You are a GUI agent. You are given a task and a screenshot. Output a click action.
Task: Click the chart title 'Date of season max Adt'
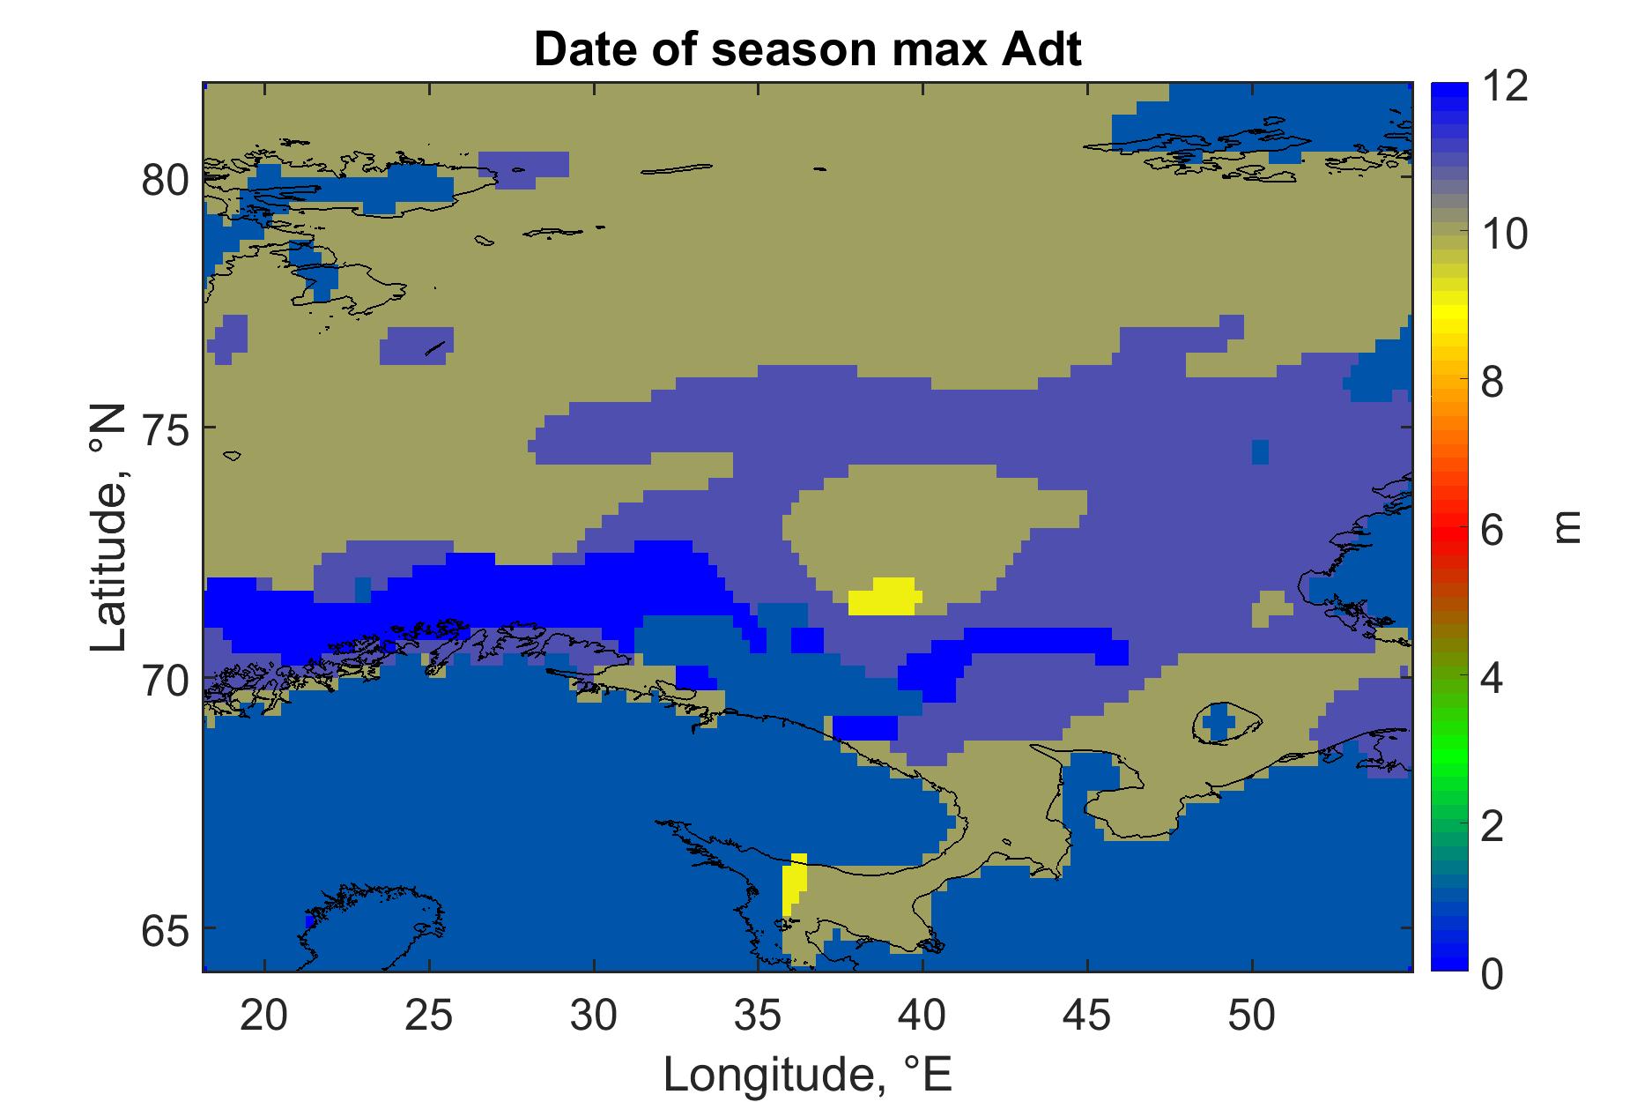(807, 50)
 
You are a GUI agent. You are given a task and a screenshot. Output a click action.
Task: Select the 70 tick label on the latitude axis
(165, 680)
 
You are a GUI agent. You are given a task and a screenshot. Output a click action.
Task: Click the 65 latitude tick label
(165, 930)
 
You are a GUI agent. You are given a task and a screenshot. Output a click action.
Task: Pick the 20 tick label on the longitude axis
(264, 1016)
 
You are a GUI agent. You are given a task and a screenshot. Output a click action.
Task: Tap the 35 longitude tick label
(759, 1016)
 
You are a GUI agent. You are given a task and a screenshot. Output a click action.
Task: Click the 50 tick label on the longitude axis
(1252, 1016)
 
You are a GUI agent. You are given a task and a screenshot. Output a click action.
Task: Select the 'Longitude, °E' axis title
(808, 1073)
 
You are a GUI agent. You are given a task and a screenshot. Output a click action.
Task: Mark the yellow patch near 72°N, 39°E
(885, 597)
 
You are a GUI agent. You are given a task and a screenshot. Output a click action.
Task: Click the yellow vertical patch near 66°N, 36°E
(794, 884)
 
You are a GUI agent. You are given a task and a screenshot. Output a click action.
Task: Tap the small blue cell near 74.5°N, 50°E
(1260, 451)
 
